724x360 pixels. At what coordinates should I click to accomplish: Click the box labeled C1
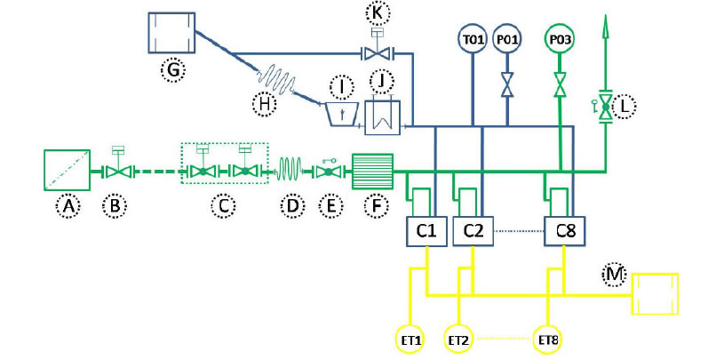point(426,232)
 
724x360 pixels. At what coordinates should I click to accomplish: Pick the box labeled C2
point(473,232)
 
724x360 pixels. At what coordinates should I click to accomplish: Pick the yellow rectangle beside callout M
point(655,294)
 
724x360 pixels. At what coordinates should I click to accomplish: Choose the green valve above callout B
point(115,171)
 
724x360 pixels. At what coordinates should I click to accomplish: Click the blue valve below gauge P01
point(508,86)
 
